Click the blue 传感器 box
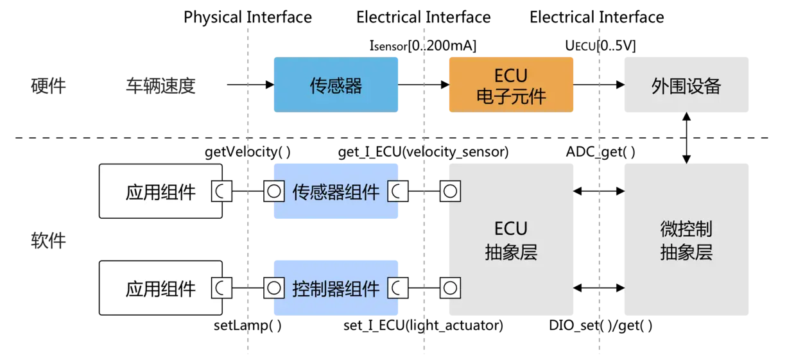tap(336, 85)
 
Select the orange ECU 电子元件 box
tap(511, 85)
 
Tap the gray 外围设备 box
tap(685, 85)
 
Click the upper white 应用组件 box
tap(160, 191)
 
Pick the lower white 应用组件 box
tap(160, 288)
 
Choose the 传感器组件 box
tap(336, 191)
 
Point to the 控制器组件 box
tap(336, 288)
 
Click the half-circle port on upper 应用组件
tap(222, 191)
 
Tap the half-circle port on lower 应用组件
tap(222, 288)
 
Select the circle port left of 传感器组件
tap(273, 191)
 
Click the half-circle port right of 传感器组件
tap(397, 191)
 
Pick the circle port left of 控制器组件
tap(273, 288)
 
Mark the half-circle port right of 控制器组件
tap(397, 288)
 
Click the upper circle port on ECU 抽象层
tap(450, 191)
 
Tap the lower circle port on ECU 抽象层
tap(450, 288)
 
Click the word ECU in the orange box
tap(511, 77)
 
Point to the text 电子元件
tap(511, 96)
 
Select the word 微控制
tap(686, 229)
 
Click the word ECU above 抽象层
tap(511, 229)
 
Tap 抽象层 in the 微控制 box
tap(686, 252)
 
